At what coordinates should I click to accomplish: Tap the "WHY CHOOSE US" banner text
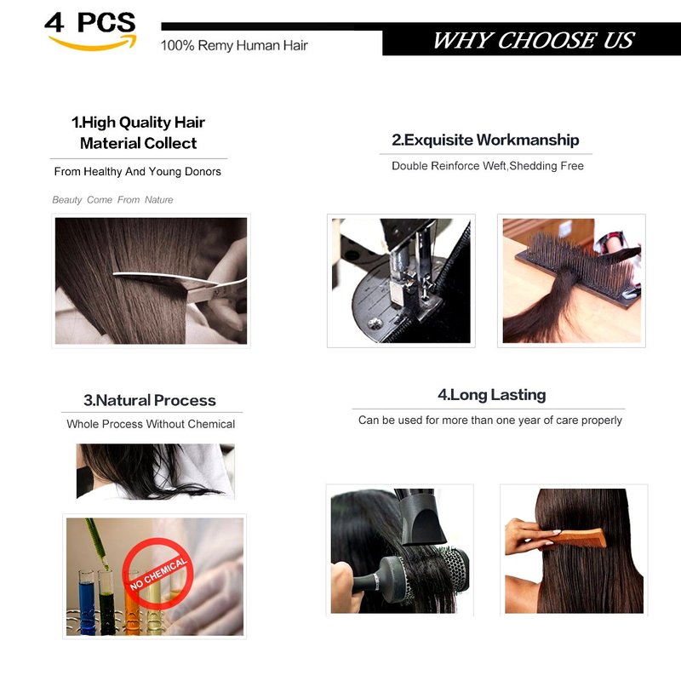click(x=534, y=40)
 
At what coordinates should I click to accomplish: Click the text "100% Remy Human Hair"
click(x=234, y=45)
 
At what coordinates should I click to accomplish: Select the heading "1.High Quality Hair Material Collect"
click(x=138, y=133)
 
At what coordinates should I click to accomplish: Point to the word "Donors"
click(x=203, y=172)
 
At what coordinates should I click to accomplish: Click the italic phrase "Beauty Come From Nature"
click(x=112, y=200)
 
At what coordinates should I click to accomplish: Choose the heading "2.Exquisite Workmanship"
click(x=485, y=140)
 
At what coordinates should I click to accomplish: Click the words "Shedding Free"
click(x=547, y=166)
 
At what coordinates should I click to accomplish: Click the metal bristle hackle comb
click(x=578, y=269)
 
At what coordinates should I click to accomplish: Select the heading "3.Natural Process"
click(x=150, y=400)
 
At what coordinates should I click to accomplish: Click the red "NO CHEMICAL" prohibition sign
click(x=157, y=573)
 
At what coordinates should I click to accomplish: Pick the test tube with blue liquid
click(x=87, y=602)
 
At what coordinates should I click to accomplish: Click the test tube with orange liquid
click(x=132, y=604)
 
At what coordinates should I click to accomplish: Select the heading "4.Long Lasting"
click(x=492, y=395)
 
